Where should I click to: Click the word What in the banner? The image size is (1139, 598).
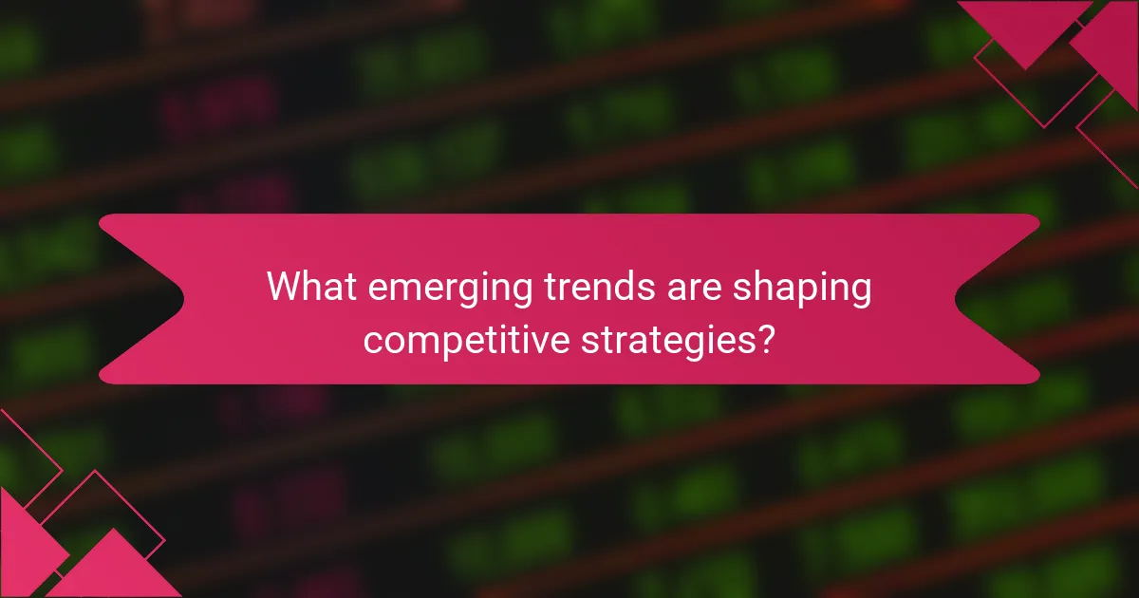point(306,287)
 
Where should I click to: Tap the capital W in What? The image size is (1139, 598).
point(282,287)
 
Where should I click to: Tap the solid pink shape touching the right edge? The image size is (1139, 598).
point(1111,43)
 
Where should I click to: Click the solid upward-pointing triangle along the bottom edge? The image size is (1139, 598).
point(114,570)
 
